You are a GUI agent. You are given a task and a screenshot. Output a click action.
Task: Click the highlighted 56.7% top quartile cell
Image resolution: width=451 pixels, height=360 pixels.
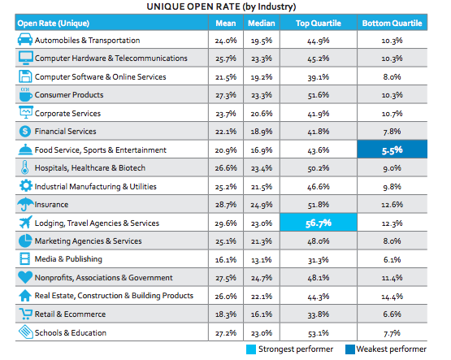click(319, 223)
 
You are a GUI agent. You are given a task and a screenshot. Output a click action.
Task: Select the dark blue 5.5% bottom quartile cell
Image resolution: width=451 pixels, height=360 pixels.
click(392, 150)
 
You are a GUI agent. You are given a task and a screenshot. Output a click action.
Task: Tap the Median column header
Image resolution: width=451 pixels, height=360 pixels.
click(262, 23)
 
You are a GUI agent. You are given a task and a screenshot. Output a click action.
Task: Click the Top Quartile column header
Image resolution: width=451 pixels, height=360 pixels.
click(319, 23)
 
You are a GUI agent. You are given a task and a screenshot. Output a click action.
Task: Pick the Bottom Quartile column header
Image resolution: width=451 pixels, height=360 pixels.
click(392, 23)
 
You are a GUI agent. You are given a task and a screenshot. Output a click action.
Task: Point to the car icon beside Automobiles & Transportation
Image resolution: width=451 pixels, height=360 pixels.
click(25, 39)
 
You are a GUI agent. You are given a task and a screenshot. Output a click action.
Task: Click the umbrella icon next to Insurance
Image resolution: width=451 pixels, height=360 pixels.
click(25, 204)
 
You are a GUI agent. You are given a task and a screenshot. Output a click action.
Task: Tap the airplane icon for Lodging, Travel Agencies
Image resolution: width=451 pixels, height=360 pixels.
click(25, 222)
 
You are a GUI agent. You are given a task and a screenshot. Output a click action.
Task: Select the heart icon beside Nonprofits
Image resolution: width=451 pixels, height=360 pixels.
click(25, 277)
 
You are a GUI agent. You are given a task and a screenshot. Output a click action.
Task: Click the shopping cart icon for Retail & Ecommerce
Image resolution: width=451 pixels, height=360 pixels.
click(25, 314)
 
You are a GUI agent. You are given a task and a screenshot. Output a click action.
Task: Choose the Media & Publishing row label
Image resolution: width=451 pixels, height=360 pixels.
click(68, 259)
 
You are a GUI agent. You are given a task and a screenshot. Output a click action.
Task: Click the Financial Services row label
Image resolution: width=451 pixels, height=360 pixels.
click(66, 132)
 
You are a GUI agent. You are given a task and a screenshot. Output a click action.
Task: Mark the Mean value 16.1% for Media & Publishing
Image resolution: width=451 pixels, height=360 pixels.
click(226, 260)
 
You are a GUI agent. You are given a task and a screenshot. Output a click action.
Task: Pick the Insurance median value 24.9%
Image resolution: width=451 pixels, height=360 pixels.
click(262, 205)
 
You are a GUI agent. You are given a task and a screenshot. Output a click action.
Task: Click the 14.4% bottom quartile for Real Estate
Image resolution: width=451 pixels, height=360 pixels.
click(392, 297)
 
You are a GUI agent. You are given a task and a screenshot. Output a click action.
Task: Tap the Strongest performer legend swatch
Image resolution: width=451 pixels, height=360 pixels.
click(251, 349)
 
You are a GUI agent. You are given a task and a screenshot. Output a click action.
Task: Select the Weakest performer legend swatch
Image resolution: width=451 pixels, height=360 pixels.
click(350, 349)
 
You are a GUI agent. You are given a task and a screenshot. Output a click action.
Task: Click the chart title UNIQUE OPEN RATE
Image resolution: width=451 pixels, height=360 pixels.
click(221, 7)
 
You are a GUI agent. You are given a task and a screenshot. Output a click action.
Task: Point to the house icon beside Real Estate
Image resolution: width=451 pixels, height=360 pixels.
click(25, 295)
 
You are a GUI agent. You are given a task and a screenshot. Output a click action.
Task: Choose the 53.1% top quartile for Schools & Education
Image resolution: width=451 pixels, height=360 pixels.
click(319, 333)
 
